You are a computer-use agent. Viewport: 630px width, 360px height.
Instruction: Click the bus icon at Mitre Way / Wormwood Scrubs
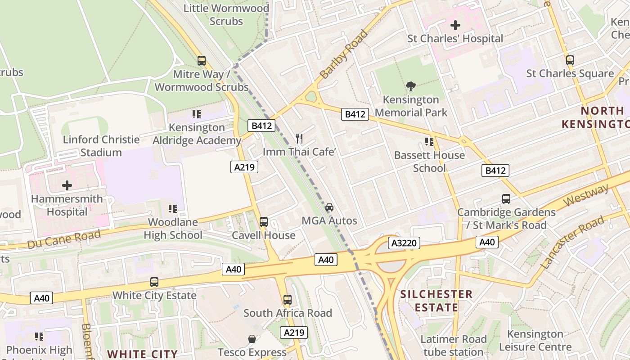202,60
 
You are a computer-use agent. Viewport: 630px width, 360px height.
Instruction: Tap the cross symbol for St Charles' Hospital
455,25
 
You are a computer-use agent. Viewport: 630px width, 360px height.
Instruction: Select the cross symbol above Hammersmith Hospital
67,185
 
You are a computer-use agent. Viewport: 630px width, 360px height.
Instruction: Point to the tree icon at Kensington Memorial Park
410,86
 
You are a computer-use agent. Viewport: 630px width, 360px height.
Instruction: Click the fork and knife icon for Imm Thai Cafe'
299,138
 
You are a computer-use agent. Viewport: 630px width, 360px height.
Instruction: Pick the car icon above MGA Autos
329,207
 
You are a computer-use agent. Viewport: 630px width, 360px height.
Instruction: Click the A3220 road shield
404,243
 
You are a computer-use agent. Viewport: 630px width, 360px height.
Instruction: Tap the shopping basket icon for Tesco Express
252,339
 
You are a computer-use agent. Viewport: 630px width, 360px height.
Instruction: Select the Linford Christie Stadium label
101,146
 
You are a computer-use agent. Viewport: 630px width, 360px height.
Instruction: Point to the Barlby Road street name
344,54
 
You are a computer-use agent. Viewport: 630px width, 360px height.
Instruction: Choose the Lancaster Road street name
572,243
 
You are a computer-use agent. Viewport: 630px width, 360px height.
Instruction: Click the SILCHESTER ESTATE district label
436,301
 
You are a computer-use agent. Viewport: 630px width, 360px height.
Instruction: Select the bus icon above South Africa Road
288,299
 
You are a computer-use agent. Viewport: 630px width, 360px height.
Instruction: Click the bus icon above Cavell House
264,221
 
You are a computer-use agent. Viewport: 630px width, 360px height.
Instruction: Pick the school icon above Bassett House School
429,142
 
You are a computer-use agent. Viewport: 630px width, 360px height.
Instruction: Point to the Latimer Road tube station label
454,345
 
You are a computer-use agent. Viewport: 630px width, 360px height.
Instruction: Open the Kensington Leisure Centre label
535,340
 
